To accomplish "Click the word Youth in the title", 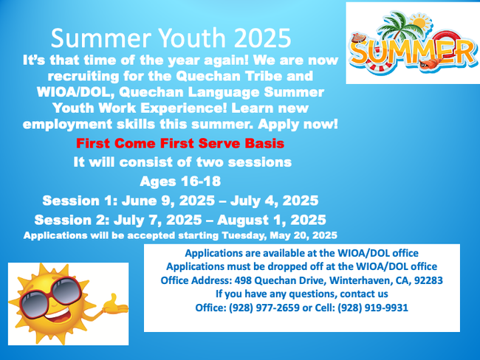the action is pyautogui.click(x=192, y=38).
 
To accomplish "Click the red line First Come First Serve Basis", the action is pyautogui.click(x=180, y=143).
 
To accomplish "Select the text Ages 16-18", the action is pyautogui.click(x=180, y=181).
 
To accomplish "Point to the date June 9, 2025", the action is pyautogui.click(x=168, y=201).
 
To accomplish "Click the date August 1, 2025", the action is pyautogui.click(x=272, y=221).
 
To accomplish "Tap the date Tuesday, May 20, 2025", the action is pyautogui.click(x=279, y=235).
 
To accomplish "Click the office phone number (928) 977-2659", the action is pyautogui.click(x=264, y=308).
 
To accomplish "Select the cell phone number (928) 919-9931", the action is pyautogui.click(x=373, y=308).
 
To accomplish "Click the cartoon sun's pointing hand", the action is pyautogui.click(x=115, y=305).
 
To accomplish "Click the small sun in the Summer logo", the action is pyautogui.click(x=421, y=22).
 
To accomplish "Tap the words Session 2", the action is pyautogui.click(x=72, y=221).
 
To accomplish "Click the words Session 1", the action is pyautogui.click(x=80, y=201).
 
